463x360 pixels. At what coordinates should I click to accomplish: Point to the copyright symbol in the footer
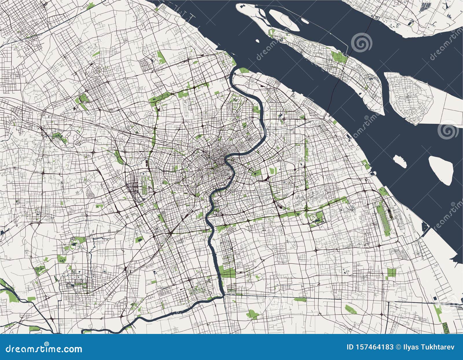coord(398,347)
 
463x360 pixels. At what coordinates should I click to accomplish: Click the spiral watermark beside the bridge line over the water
coord(361,43)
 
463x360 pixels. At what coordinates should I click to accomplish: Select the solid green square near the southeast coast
coord(391,272)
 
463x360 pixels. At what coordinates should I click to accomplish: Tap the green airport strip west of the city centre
coord(144,183)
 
